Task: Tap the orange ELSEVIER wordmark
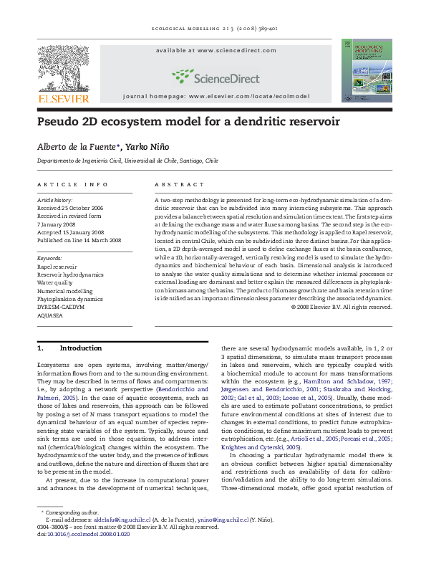pos(64,98)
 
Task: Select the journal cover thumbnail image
pos(366,70)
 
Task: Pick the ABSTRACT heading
pos(174,184)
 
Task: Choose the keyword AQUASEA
pos(50,314)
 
